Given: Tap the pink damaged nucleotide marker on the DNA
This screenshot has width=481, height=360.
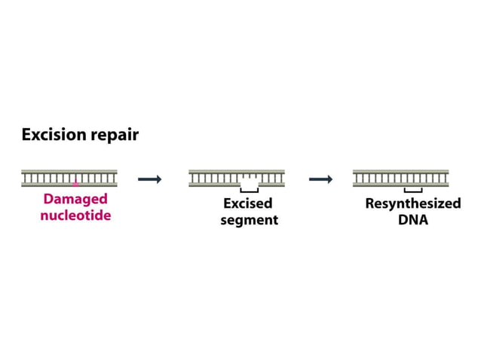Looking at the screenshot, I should tap(75, 183).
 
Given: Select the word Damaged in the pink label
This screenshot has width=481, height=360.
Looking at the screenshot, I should tap(75, 200).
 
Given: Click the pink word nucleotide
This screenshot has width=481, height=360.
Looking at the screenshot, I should tap(75, 216).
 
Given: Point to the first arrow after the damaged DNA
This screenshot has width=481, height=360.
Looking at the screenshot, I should tap(150, 179).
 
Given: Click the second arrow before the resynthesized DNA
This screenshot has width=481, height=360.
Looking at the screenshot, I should tap(321, 179).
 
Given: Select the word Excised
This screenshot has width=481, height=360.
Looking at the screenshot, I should tap(248, 204).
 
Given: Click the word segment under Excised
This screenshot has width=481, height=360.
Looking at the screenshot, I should tap(249, 221).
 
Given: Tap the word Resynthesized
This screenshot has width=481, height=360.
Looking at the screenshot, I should tap(412, 204).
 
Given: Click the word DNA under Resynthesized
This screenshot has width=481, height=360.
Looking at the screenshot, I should tap(412, 221).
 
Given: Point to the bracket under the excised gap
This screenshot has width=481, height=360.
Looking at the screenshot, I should tap(249, 191).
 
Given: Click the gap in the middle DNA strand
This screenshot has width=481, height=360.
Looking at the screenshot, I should tap(249, 182).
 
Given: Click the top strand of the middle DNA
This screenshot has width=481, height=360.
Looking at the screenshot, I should tap(237, 172).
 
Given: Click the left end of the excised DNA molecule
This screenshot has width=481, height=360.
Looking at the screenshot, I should tap(191, 178).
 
